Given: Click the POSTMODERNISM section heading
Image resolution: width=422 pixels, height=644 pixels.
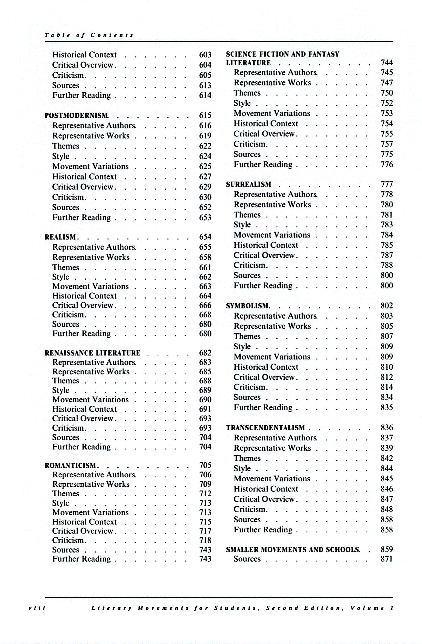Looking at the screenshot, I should [77, 115].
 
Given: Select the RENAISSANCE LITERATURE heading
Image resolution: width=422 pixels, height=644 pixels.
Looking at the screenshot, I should [92, 353].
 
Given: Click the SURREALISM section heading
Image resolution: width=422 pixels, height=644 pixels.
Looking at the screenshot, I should [249, 185].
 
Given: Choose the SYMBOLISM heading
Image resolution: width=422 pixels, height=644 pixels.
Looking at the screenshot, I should [247, 306].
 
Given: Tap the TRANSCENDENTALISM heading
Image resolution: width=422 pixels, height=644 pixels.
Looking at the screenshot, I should [265, 428].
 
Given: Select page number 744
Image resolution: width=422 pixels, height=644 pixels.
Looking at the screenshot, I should [387, 62].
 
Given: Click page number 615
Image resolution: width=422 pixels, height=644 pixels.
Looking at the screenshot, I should [205, 115].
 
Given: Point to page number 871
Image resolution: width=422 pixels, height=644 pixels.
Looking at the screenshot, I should [387, 559].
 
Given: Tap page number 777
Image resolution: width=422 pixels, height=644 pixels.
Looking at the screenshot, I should [387, 184].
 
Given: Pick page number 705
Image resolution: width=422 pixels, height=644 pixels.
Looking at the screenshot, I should [205, 465].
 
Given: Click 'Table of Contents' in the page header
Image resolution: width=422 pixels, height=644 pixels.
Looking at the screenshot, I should [89, 35].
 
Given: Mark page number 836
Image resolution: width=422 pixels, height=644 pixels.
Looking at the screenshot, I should [387, 428].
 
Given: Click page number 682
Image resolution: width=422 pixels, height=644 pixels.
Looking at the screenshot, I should [205, 353].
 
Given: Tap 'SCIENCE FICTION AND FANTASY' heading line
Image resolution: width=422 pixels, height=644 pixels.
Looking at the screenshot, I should [282, 54].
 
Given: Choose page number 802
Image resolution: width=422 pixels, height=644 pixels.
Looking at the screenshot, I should [387, 306].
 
